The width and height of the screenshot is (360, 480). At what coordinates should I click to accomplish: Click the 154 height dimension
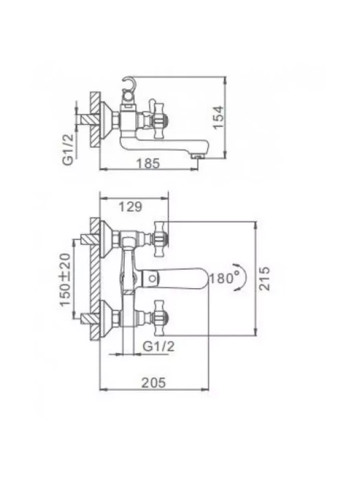(219, 117)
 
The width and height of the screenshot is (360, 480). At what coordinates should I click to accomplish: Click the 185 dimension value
(148, 163)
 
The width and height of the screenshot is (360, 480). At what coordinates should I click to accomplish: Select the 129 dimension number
(130, 207)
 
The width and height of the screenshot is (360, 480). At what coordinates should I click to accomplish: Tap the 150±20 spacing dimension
(65, 280)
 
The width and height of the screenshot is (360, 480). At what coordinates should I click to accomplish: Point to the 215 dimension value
(265, 278)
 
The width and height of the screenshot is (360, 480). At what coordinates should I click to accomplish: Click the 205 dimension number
(154, 383)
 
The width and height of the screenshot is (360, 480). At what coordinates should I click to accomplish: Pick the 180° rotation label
(224, 278)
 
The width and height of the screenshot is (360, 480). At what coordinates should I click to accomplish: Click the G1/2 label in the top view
(69, 149)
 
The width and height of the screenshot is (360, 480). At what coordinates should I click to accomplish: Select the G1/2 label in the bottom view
(158, 346)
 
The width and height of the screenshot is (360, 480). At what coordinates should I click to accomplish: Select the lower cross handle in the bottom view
(161, 318)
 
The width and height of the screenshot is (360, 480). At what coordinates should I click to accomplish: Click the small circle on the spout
(153, 278)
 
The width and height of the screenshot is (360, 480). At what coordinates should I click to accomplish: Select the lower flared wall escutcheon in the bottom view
(108, 318)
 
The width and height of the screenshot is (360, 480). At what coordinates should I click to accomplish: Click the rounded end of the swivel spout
(203, 278)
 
